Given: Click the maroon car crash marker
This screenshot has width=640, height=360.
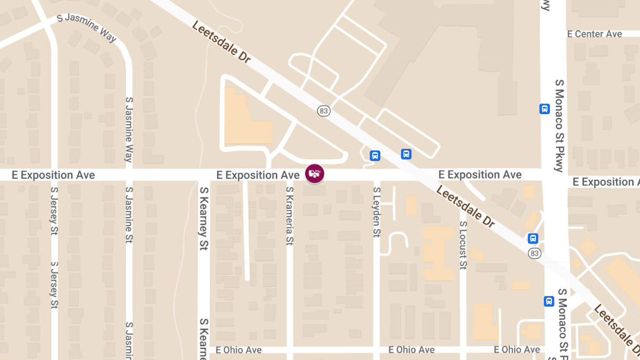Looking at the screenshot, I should [x=315, y=174].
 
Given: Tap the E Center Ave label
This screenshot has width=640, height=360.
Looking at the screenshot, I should [x=595, y=34].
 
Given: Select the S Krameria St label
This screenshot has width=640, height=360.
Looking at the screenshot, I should [x=290, y=215].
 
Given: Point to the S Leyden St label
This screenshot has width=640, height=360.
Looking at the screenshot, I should [x=377, y=212].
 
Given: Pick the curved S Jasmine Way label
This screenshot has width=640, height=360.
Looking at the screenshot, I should [x=86, y=27].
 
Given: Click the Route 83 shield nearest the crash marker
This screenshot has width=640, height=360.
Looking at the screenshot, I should [x=324, y=111].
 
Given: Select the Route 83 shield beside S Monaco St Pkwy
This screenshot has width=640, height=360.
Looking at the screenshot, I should [x=534, y=253].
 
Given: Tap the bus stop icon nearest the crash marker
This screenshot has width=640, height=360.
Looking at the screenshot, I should [x=375, y=156].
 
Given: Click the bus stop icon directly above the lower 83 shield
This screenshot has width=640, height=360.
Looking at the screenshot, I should [x=533, y=238].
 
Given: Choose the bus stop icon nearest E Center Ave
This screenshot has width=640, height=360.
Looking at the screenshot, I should [x=544, y=109].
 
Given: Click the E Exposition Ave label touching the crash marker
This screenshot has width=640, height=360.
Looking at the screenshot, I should [x=258, y=175].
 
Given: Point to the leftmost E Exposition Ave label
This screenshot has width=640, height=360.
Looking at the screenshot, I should [x=53, y=175].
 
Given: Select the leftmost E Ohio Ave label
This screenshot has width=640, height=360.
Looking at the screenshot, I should [x=239, y=350].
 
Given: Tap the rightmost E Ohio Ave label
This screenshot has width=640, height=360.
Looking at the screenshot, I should [x=517, y=350].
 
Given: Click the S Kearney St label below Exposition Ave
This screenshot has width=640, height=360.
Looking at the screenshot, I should [x=203, y=218].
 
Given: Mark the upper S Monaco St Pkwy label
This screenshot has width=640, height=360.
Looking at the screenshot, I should [x=559, y=126].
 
